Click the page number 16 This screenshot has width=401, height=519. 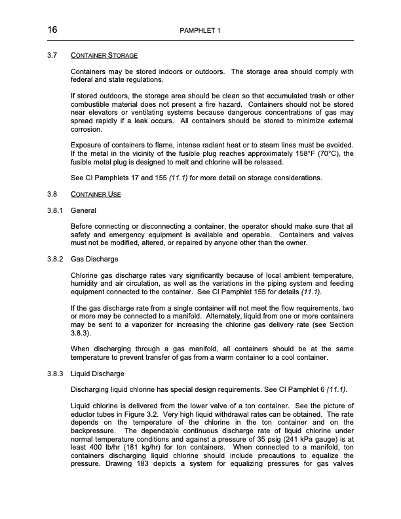(52, 30)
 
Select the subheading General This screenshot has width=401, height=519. (83, 211)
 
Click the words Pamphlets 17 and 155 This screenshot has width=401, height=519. (123, 178)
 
